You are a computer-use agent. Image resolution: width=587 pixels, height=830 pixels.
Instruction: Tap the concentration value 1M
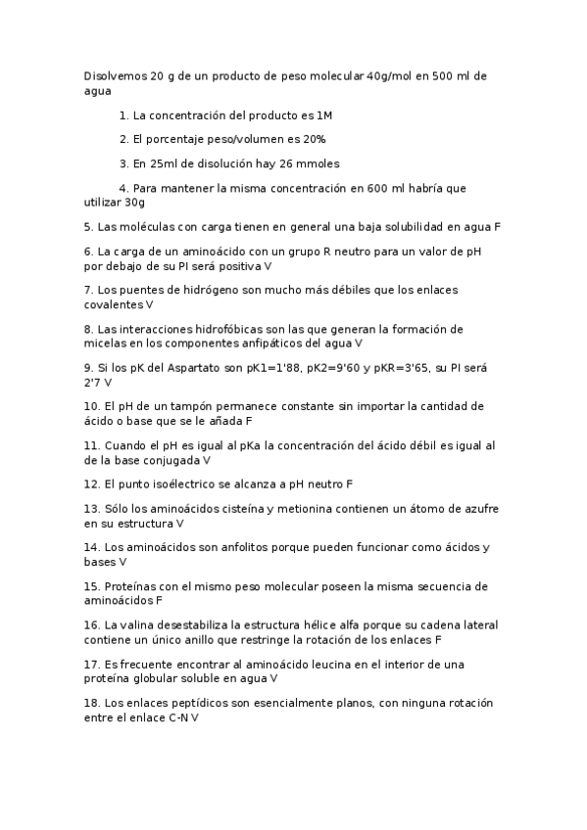coord(324,115)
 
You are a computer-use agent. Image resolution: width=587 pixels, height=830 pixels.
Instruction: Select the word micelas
coord(106,344)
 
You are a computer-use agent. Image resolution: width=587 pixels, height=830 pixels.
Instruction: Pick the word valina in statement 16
coord(140,624)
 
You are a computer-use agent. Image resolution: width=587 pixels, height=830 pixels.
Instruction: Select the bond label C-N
coord(179,717)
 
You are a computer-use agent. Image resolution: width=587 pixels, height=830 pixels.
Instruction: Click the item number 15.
coord(91,586)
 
